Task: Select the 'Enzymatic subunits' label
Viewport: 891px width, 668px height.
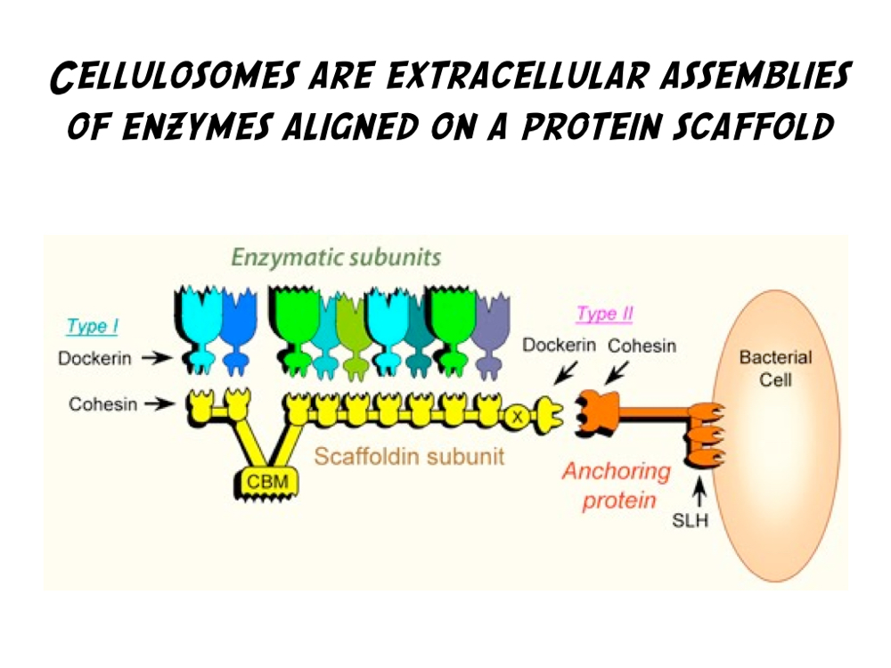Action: pyautogui.click(x=336, y=258)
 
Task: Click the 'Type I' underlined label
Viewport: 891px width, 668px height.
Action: pyautogui.click(x=92, y=327)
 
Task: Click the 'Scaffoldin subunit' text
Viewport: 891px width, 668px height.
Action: pyautogui.click(x=409, y=456)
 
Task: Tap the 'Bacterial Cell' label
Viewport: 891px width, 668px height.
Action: pyautogui.click(x=776, y=368)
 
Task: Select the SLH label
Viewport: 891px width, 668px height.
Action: pyautogui.click(x=690, y=520)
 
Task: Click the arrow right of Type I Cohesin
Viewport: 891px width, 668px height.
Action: pyautogui.click(x=160, y=404)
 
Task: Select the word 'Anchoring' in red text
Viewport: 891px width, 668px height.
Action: pyautogui.click(x=615, y=470)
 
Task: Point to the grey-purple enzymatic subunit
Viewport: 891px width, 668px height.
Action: pyautogui.click(x=489, y=334)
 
